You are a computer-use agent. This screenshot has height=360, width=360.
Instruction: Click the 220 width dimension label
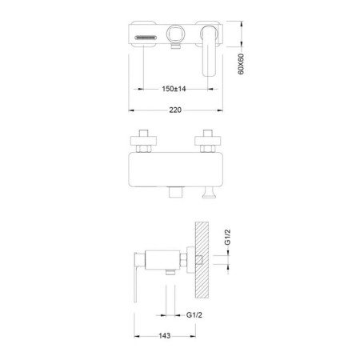pyautogui.click(x=175, y=110)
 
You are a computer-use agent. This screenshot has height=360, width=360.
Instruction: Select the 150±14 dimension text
pyautogui.click(x=174, y=89)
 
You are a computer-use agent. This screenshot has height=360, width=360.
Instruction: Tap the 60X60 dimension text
pyautogui.click(x=241, y=64)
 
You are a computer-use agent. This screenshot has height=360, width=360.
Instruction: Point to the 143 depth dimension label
pyautogui.click(x=165, y=336)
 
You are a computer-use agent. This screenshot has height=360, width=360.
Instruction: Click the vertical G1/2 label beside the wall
pyautogui.click(x=227, y=237)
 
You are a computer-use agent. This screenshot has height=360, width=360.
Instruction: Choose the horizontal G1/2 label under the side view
pyautogui.click(x=194, y=315)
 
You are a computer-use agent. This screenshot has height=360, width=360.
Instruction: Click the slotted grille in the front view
pyautogui.click(x=146, y=38)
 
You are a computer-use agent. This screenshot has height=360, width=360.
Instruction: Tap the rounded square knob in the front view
pyautogui.click(x=175, y=34)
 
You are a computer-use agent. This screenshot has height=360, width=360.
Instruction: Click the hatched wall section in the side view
pyautogui.click(x=202, y=260)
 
